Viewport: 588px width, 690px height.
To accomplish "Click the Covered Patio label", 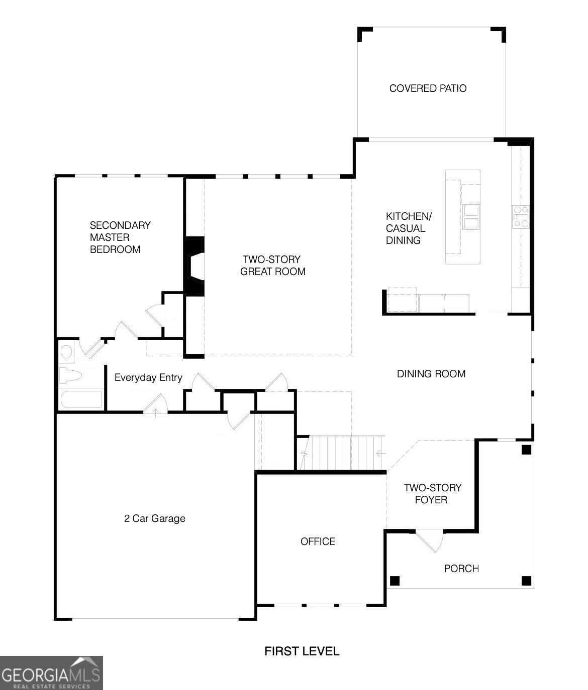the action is [428, 88].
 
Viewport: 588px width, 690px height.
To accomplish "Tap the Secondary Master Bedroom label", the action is [120, 237].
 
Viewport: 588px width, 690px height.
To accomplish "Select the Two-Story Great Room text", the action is [272, 265].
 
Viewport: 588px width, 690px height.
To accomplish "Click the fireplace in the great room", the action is [194, 266].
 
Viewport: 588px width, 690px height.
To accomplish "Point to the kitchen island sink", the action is [471, 217].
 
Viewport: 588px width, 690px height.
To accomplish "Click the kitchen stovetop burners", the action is [521, 217].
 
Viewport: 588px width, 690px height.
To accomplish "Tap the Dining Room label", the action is [431, 373].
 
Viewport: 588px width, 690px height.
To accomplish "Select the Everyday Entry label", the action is [148, 377].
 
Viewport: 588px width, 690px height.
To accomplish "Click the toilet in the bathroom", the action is [70, 376].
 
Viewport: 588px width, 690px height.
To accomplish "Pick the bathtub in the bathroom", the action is [80, 399].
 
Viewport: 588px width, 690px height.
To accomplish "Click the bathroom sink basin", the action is [66, 351].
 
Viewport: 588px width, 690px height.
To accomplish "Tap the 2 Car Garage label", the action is [154, 518].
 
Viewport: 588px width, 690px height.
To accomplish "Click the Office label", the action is [318, 541].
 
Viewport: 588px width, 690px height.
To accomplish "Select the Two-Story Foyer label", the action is [432, 493].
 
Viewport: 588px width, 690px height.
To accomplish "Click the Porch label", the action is [461, 568].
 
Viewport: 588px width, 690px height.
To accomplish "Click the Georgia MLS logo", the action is [51, 672].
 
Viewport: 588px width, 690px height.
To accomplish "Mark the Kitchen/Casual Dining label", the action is [409, 228].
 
